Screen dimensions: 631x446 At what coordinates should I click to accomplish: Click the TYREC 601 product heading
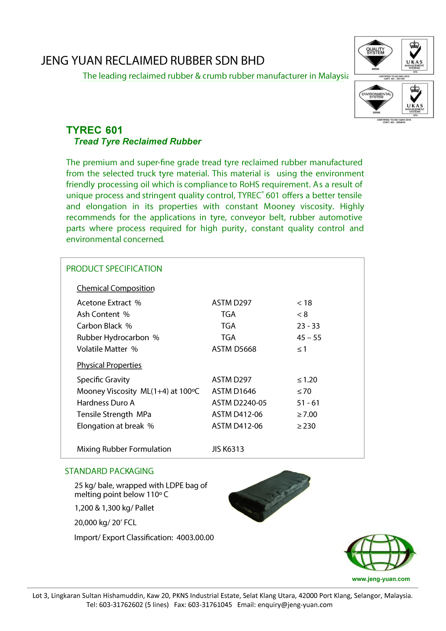point(94,130)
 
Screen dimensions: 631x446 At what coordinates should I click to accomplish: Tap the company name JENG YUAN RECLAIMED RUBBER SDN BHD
point(153,61)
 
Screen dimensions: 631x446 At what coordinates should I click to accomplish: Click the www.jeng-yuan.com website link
point(381,579)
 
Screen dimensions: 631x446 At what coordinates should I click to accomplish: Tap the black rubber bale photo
point(269,495)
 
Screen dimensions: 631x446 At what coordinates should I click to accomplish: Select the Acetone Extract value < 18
point(304,303)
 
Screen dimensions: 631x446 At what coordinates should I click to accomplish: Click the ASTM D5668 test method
point(234,349)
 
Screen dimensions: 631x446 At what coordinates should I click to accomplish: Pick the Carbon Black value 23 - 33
point(308,326)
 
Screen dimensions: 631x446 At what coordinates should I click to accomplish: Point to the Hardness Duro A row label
point(106,403)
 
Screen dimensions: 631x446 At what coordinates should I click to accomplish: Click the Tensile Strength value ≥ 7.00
point(307,414)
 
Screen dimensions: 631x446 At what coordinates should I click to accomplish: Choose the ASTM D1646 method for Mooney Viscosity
point(233,391)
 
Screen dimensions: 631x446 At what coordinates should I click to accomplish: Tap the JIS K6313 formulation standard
point(228,449)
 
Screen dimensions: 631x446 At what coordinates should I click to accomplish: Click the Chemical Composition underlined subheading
point(116,288)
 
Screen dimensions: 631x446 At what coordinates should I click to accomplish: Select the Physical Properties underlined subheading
point(109,365)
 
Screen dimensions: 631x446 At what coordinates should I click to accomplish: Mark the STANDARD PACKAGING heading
point(109,471)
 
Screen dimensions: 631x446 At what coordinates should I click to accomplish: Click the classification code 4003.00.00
point(195,538)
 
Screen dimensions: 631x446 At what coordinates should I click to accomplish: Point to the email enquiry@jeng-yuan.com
point(295,605)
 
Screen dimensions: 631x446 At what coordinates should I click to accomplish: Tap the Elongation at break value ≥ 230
point(306,426)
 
